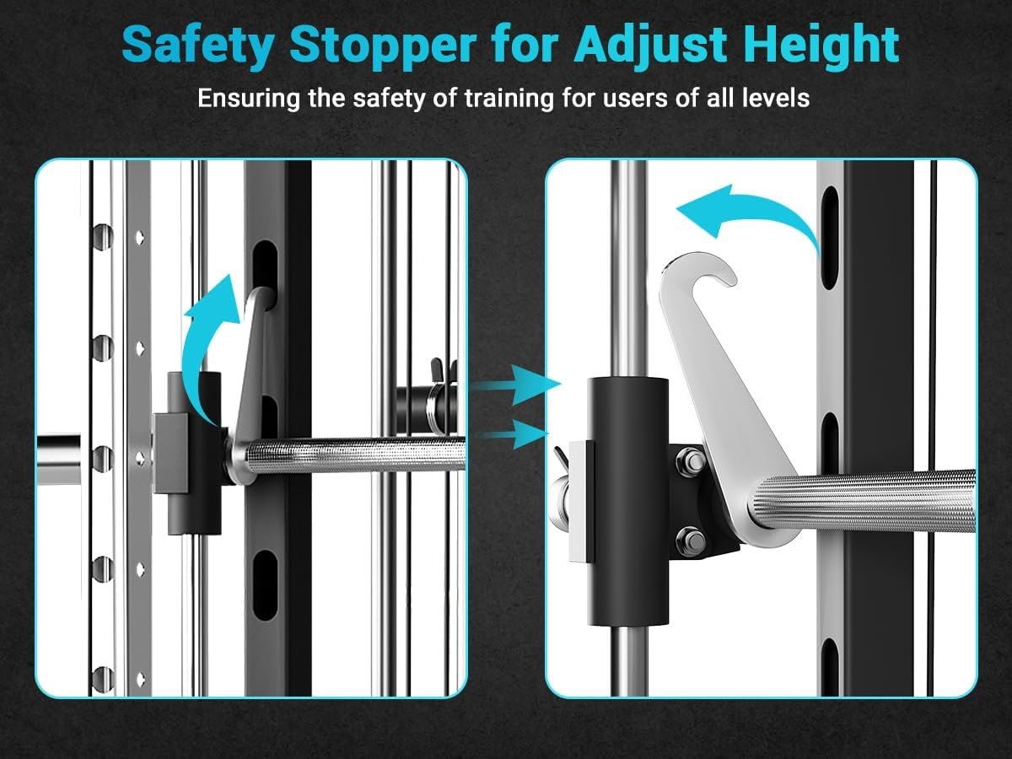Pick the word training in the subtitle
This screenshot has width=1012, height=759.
click(509, 98)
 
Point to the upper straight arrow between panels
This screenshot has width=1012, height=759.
click(514, 385)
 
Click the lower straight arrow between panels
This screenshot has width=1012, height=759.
click(514, 433)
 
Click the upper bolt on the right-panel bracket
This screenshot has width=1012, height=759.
click(691, 460)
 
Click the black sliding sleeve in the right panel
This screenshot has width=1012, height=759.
click(627, 502)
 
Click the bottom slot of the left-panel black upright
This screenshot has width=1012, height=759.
click(265, 584)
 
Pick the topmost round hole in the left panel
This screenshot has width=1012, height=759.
click(102, 237)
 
